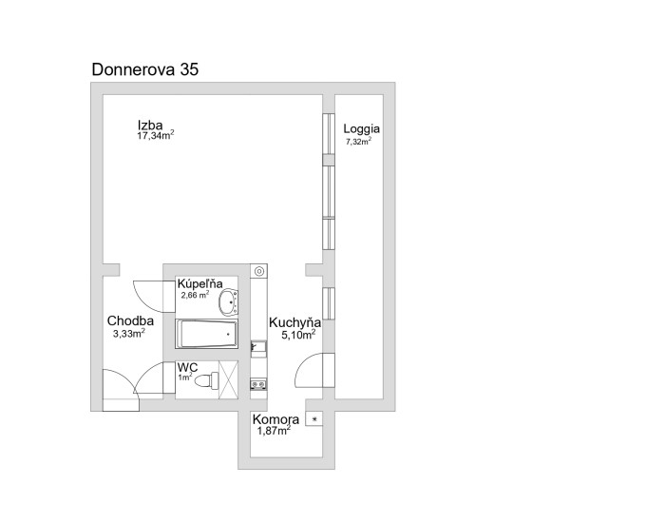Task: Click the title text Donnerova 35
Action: (x=145, y=69)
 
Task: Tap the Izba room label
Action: (x=150, y=126)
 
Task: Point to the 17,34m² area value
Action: (x=156, y=135)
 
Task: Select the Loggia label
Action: (x=361, y=129)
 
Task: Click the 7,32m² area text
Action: (x=359, y=141)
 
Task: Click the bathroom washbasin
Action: (x=228, y=301)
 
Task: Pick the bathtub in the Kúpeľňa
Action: (x=206, y=334)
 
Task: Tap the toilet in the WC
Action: (x=206, y=380)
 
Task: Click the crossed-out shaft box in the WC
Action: (x=228, y=380)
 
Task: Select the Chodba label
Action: (x=130, y=321)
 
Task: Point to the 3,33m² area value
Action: (x=129, y=333)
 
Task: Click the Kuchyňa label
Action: (x=294, y=323)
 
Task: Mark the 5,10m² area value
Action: (x=298, y=335)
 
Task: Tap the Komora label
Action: (x=275, y=420)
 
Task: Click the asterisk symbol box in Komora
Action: (x=314, y=419)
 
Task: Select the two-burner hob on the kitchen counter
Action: (x=258, y=384)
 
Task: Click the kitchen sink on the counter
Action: (x=258, y=347)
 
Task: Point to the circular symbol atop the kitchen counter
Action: (x=258, y=271)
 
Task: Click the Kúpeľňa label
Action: (x=199, y=283)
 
